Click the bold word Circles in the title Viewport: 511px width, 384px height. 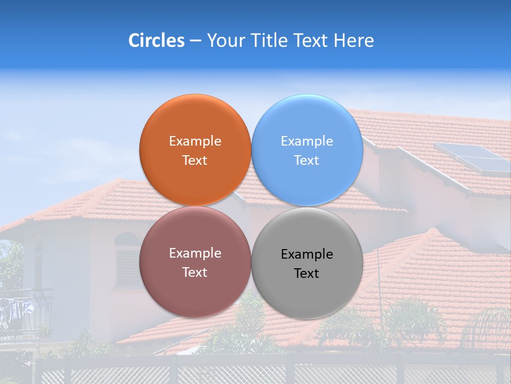[x=156, y=41]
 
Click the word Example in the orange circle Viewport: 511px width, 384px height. [x=195, y=141]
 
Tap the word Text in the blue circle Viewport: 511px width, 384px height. [x=307, y=161]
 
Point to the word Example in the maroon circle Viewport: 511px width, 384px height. [x=195, y=253]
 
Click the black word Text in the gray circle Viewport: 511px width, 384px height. [x=307, y=274]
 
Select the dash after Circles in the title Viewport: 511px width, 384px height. [x=195, y=41]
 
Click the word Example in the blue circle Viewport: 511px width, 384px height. [x=307, y=141]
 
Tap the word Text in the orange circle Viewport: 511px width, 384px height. [x=195, y=161]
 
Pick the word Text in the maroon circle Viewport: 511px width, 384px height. [x=195, y=273]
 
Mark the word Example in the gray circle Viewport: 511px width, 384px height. [x=307, y=254]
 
